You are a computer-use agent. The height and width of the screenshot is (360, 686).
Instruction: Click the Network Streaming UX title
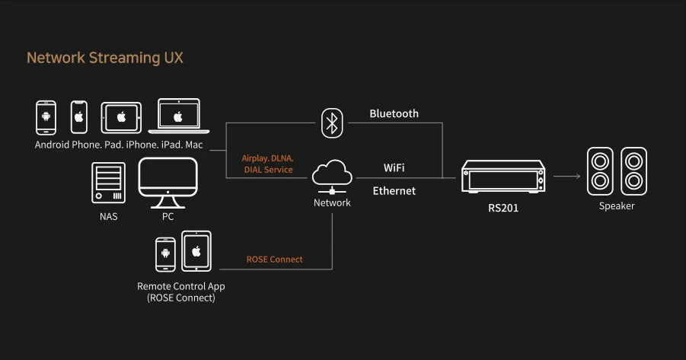point(105,58)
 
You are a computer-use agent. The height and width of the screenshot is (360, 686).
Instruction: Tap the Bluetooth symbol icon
point(330,123)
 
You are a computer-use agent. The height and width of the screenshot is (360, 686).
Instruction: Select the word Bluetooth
point(394,113)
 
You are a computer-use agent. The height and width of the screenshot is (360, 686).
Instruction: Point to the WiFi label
point(394,166)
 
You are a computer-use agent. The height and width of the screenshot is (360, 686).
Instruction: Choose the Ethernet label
point(394,191)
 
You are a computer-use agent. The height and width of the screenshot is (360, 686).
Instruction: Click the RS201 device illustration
point(503,177)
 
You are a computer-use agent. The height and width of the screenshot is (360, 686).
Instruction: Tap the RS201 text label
point(503,208)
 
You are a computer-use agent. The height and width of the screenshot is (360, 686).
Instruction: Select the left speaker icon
point(600,172)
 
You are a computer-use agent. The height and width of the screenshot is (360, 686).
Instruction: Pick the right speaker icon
point(634,172)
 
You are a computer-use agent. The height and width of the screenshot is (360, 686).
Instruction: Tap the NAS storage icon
point(108,183)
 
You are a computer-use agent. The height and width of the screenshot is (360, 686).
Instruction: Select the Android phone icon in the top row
point(46,118)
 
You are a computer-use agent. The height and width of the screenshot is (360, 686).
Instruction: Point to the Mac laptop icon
point(178,116)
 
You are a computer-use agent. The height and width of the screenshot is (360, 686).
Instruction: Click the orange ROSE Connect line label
point(274,260)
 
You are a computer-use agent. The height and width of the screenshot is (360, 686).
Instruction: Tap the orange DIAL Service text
point(268,170)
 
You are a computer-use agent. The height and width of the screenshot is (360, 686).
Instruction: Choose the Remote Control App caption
point(180,286)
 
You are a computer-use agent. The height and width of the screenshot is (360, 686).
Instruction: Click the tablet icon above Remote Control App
point(196,250)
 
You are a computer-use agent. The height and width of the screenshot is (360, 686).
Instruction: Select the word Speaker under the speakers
point(617,206)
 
